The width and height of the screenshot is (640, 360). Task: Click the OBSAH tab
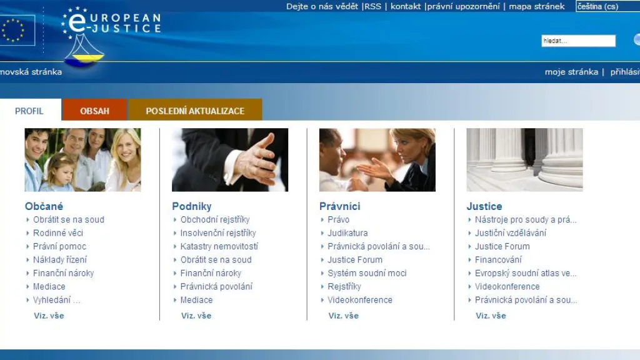[x=94, y=110]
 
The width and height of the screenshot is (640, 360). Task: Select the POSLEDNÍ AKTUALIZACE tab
[x=195, y=110]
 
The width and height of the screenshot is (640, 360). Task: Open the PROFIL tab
[x=29, y=111]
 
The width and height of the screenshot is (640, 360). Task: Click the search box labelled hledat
[x=578, y=41]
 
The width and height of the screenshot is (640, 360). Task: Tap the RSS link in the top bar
[x=372, y=6]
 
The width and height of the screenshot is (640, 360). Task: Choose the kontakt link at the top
[x=405, y=6]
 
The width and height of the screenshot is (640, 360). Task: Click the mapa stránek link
[x=537, y=6]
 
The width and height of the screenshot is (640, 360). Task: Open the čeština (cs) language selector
[x=607, y=6]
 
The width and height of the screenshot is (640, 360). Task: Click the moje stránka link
[x=571, y=72]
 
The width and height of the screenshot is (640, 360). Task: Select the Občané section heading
[x=44, y=206]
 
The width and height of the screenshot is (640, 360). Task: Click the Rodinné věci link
[x=58, y=233]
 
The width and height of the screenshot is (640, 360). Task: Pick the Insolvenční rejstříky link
[x=218, y=233]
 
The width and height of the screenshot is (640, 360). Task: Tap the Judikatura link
[x=347, y=233]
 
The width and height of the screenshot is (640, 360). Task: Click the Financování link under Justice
[x=498, y=259]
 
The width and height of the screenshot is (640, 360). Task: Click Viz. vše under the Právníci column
[x=343, y=316]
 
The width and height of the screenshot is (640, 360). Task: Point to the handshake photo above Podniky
[x=230, y=159]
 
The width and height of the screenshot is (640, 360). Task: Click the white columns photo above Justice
[x=524, y=159]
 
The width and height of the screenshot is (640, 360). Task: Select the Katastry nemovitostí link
[x=219, y=246]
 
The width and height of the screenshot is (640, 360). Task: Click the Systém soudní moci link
[x=367, y=273]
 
